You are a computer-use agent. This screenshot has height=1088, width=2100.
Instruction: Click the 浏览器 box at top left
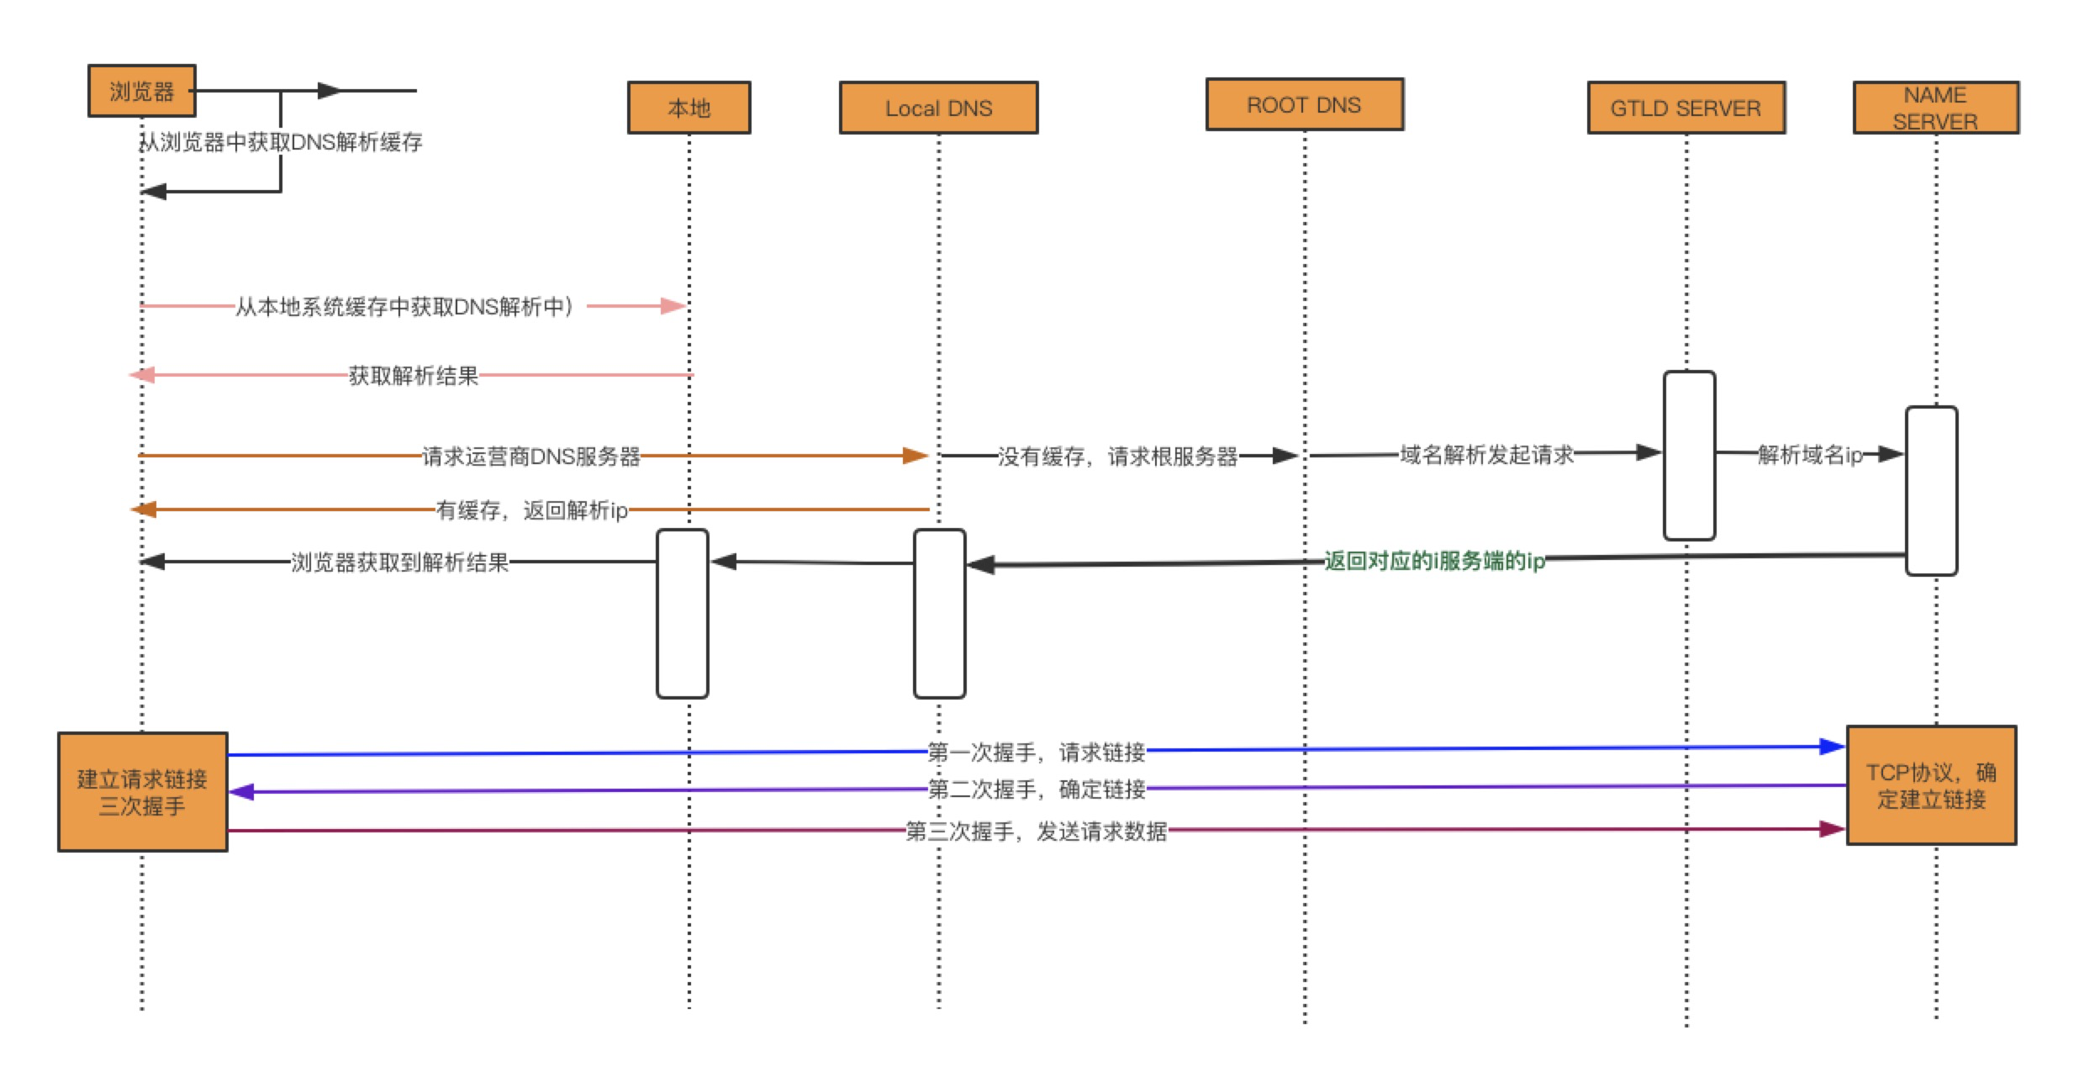pyautogui.click(x=141, y=91)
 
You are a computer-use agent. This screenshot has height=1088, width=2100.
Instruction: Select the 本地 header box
pyautogui.click(x=689, y=108)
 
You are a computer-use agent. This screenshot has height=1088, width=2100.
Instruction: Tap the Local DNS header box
pyautogui.click(x=938, y=108)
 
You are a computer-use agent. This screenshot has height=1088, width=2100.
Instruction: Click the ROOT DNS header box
pyautogui.click(x=1304, y=105)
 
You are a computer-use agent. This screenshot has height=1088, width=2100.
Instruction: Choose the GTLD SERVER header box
pyautogui.click(x=1686, y=108)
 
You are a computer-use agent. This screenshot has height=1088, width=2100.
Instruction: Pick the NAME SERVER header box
pyautogui.click(x=1935, y=108)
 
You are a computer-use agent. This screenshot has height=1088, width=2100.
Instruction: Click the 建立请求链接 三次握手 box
pyautogui.click(x=142, y=792)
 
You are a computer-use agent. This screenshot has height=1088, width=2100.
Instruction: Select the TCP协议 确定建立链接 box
pyautogui.click(x=1931, y=785)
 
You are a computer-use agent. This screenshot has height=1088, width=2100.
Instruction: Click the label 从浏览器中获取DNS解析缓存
pyautogui.click(x=282, y=142)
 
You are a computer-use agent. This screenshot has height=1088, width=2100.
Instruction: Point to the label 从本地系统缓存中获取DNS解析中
pyautogui.click(x=404, y=307)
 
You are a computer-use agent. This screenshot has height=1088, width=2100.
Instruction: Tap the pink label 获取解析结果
pyautogui.click(x=413, y=375)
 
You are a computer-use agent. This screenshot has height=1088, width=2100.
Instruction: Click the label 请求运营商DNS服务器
pyautogui.click(x=530, y=456)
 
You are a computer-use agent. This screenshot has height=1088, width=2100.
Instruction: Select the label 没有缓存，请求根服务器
pyautogui.click(x=1117, y=456)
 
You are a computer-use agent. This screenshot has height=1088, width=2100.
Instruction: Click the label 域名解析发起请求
pyautogui.click(x=1486, y=455)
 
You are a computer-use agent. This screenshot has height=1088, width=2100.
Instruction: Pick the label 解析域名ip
pyautogui.click(x=1810, y=455)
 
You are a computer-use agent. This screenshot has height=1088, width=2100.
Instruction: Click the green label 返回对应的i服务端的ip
pyautogui.click(x=1434, y=561)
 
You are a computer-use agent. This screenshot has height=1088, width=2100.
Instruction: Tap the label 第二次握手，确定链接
pyautogui.click(x=1037, y=789)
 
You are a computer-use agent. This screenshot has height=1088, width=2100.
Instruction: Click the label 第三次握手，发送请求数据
pyautogui.click(x=1036, y=832)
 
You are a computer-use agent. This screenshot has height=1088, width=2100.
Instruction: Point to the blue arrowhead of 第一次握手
pyautogui.click(x=1833, y=747)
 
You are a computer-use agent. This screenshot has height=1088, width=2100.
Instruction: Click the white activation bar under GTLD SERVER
pyautogui.click(x=1689, y=455)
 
